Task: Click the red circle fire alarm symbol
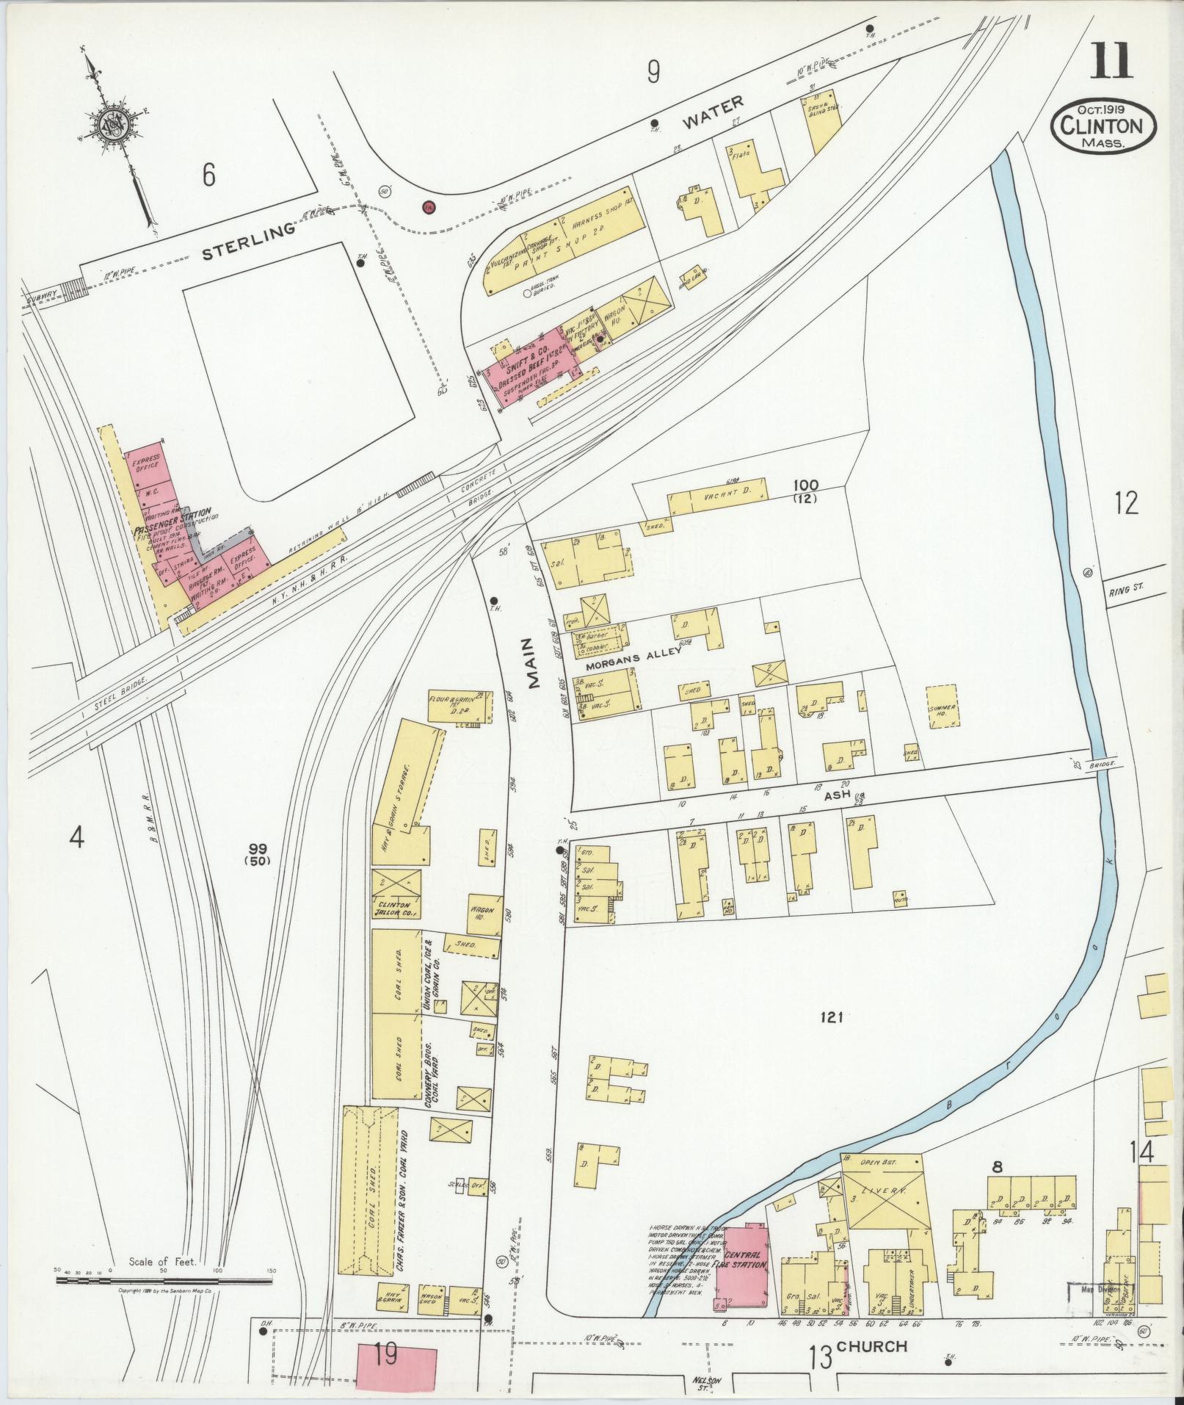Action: tap(429, 207)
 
